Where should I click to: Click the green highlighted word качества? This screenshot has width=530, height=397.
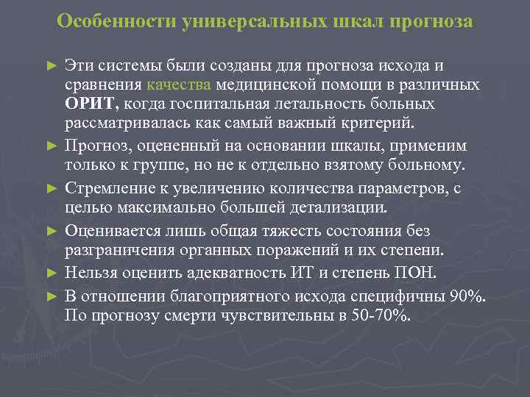click(x=180, y=85)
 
